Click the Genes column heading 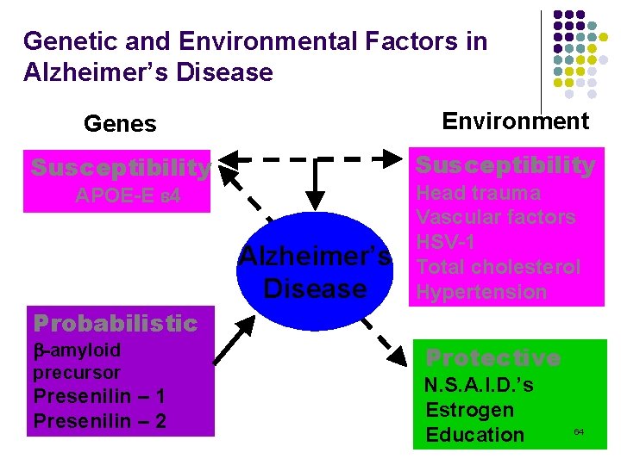point(120,125)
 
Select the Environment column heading point(515,121)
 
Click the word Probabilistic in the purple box point(115,323)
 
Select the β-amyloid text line point(77,350)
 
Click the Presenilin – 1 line point(99,397)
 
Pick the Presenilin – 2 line point(99,420)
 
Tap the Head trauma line point(478,193)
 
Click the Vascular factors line point(495,217)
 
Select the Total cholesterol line point(498,267)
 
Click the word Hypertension point(481,292)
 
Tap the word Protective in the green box point(493,357)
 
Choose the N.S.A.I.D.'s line point(480,385)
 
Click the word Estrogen point(469,410)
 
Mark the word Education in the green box point(474,435)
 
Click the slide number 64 point(579,431)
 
